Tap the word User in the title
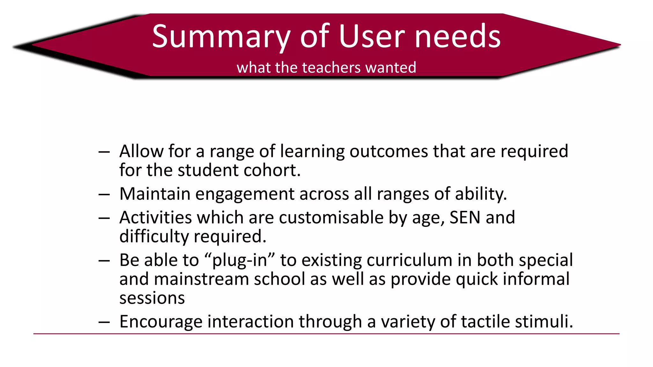click(371, 36)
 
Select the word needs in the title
click(458, 36)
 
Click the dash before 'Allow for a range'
click(104, 152)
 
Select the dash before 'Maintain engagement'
click(104, 195)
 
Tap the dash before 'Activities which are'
click(104, 218)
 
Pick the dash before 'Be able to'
click(104, 261)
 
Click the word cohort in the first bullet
click(272, 170)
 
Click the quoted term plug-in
click(239, 261)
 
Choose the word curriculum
click(409, 260)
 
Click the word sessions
click(152, 298)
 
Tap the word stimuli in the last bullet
click(544, 321)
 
